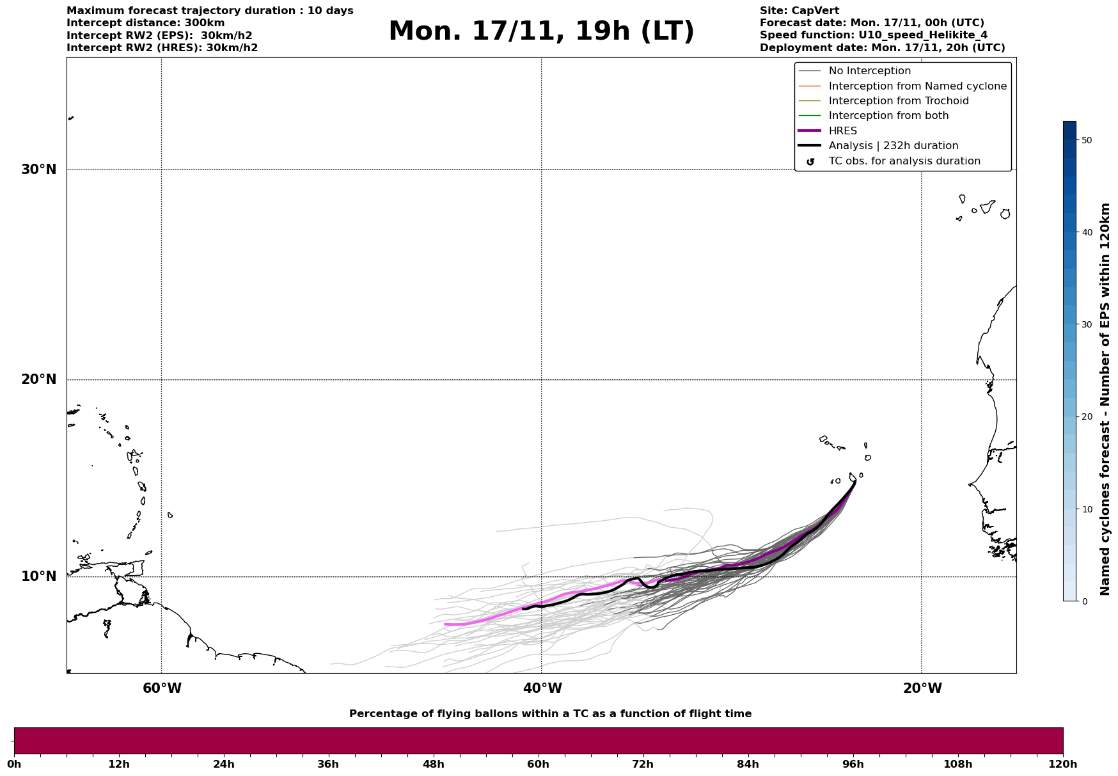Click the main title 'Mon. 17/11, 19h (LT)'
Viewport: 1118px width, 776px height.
541,31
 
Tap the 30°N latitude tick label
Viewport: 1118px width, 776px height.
39,170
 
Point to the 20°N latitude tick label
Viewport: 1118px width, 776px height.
39,379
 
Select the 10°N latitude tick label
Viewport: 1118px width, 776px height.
39,576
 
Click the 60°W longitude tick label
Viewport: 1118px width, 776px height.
162,688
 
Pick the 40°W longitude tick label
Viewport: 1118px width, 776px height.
542,688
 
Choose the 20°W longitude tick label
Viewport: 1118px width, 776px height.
922,688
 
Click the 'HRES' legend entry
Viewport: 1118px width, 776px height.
842,131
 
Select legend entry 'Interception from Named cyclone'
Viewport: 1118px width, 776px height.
917,86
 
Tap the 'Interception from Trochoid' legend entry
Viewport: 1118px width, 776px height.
898,101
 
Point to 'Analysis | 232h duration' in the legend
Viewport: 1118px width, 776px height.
893,146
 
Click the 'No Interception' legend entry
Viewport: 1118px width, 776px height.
869,71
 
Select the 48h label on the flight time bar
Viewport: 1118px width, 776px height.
433,764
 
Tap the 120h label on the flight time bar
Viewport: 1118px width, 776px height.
1062,764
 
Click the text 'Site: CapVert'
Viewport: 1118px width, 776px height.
799,11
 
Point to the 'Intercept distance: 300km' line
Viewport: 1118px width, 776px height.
146,23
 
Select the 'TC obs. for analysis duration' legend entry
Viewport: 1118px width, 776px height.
904,161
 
